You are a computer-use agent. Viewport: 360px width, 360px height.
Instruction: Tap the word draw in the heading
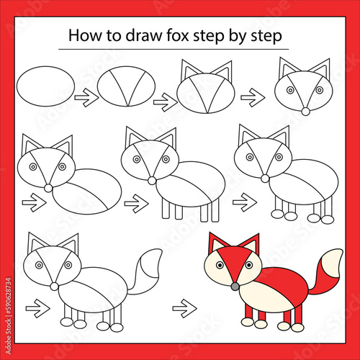coord(144,35)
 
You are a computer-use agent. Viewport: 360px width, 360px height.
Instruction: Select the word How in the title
coord(85,35)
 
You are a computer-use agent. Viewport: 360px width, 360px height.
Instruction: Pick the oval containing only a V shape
coord(126,86)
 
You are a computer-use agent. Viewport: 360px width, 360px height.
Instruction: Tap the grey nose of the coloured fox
coord(235,287)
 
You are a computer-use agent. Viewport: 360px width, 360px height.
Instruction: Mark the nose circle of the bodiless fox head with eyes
coord(305,112)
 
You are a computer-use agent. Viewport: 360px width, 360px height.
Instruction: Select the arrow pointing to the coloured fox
coord(184,308)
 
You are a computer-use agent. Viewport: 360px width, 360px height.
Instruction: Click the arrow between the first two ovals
coord(86,97)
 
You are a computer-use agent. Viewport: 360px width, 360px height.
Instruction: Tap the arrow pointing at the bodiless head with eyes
coord(253,97)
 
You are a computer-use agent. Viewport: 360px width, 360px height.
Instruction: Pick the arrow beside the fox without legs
coord(34,202)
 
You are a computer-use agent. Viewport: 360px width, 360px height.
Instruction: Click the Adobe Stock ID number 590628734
coord(9,296)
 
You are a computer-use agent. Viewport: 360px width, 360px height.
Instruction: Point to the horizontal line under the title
coord(174,49)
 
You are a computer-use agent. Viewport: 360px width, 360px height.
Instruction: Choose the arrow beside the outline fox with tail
coord(38,308)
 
